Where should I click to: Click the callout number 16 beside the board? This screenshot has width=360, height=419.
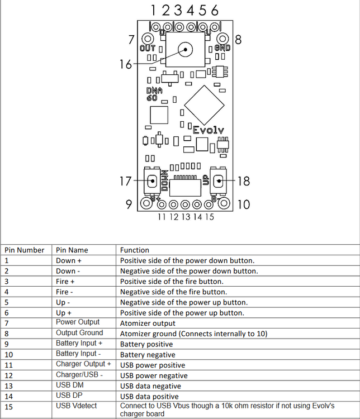coord(126,64)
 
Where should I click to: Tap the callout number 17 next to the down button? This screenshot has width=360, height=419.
coord(125,181)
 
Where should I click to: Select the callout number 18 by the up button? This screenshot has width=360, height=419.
coord(243,181)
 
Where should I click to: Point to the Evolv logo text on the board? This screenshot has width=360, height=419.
coord(208,130)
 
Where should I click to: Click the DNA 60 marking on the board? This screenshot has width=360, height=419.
coord(154,94)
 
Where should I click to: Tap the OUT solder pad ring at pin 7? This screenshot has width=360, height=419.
coord(148,39)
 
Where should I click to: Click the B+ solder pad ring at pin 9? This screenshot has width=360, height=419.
coord(146,203)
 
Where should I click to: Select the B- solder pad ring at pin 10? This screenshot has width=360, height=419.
coord(224,203)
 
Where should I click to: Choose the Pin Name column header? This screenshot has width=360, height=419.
coord(72,250)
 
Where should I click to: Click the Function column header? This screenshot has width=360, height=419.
coord(135,250)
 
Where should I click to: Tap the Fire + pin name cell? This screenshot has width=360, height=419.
coord(65,282)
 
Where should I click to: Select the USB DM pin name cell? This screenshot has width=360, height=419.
coord(69,385)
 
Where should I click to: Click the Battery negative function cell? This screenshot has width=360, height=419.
coord(148,355)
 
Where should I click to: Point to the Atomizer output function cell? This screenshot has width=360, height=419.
coord(148,323)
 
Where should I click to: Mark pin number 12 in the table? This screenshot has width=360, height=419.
coord(8,375)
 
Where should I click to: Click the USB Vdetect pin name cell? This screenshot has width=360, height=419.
coord(76,406)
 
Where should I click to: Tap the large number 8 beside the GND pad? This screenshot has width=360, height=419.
coord(238,40)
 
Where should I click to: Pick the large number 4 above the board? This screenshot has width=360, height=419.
coord(190,11)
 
